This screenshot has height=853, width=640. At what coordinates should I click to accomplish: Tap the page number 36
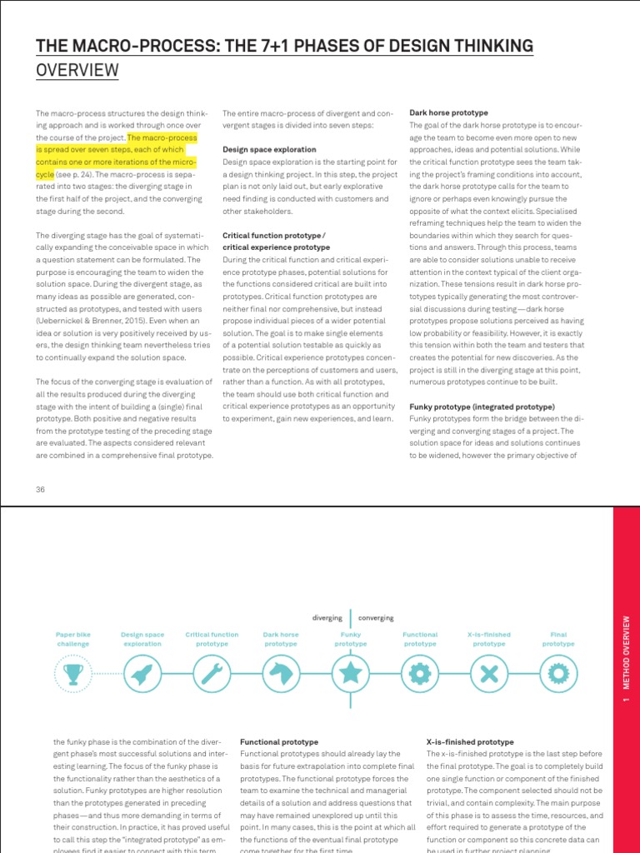point(40,489)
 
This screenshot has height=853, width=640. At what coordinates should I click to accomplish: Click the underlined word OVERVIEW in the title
point(77,71)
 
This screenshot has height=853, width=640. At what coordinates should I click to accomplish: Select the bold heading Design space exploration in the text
point(269,150)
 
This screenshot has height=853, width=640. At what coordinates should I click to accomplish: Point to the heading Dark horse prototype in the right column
point(448,112)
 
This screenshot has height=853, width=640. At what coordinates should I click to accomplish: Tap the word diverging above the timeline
point(327,618)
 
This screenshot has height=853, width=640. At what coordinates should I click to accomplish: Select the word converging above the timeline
point(376,618)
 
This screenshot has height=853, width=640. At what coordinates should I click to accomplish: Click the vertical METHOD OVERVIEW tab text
point(626,658)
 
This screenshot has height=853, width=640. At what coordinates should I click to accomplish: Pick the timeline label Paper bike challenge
point(72,639)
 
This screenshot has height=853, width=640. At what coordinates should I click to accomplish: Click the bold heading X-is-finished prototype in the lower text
point(470,741)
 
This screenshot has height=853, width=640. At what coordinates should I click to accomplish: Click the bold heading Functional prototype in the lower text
point(279,741)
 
